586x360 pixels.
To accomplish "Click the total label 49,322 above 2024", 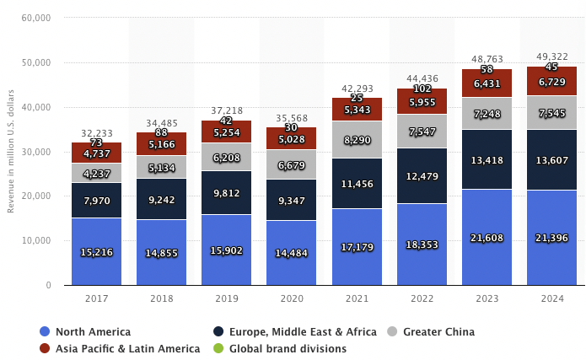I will (x=552, y=57).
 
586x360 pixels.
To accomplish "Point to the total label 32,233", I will (x=97, y=133).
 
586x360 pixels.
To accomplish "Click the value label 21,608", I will (x=487, y=239).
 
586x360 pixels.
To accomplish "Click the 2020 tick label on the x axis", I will (x=292, y=298).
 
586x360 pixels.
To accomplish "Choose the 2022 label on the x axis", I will (x=422, y=298).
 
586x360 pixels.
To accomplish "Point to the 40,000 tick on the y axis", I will (x=35, y=107).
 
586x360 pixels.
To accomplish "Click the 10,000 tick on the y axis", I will (x=35, y=240).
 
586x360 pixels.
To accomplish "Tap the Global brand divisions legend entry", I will (x=287, y=348).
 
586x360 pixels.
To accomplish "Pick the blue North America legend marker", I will (x=45, y=331).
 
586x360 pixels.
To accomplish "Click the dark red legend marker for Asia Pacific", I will (x=45, y=348).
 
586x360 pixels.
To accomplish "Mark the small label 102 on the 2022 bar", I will (x=422, y=89).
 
